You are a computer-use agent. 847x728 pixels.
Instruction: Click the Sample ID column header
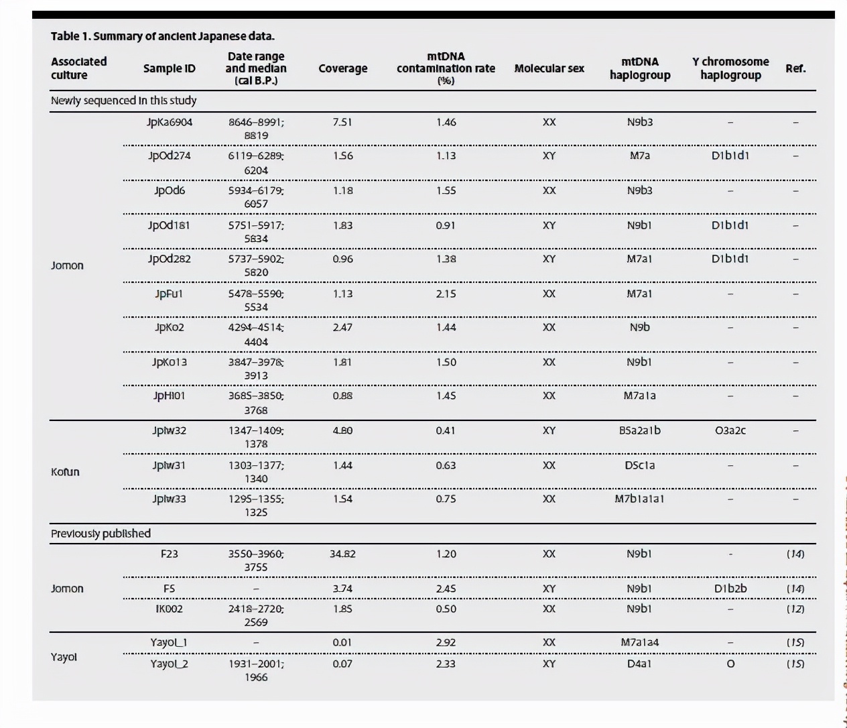click(x=169, y=68)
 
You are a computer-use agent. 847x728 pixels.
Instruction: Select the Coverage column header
click(x=342, y=68)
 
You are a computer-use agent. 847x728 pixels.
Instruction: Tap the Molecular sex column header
click(x=549, y=68)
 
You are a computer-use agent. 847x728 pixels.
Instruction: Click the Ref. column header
click(x=795, y=68)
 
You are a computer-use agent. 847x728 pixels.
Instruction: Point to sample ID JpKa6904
click(x=169, y=122)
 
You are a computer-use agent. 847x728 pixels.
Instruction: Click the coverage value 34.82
click(x=342, y=554)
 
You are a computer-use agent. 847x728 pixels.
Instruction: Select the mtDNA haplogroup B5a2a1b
click(x=639, y=430)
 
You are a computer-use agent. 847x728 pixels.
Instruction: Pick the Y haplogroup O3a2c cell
click(x=730, y=430)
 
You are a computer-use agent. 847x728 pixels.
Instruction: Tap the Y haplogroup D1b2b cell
click(x=730, y=589)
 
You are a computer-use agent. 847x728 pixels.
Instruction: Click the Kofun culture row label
click(x=65, y=472)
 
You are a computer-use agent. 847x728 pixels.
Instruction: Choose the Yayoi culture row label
click(x=64, y=657)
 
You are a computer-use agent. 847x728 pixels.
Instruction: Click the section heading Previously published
click(x=101, y=534)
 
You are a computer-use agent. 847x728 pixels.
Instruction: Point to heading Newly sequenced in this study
click(x=123, y=101)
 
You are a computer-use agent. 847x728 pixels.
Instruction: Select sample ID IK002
click(x=169, y=609)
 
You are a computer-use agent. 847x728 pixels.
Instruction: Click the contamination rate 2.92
click(x=446, y=642)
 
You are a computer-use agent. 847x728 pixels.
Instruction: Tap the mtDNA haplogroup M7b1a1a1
click(x=639, y=499)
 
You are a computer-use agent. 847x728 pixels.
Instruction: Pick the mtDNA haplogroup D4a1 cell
click(x=639, y=664)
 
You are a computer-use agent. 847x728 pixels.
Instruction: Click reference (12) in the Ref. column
click(x=795, y=609)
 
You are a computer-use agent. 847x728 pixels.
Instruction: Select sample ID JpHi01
click(x=169, y=396)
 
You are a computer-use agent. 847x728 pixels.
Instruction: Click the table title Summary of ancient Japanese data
click(x=163, y=36)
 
